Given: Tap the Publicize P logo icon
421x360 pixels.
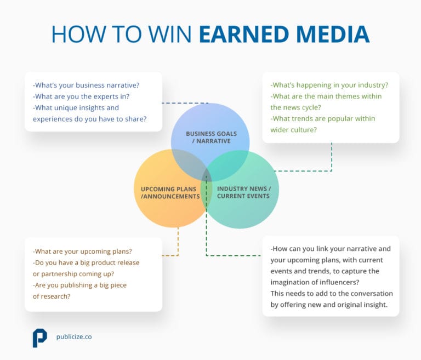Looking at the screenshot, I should point(39,338).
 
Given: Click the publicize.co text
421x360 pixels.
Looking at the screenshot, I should point(74,337).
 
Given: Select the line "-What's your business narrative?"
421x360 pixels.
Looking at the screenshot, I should point(86,85).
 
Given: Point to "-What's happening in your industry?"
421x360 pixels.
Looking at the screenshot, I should point(329,85).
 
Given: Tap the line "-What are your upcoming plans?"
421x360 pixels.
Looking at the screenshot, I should point(82,252).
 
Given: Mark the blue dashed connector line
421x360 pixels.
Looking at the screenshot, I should point(186,103).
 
